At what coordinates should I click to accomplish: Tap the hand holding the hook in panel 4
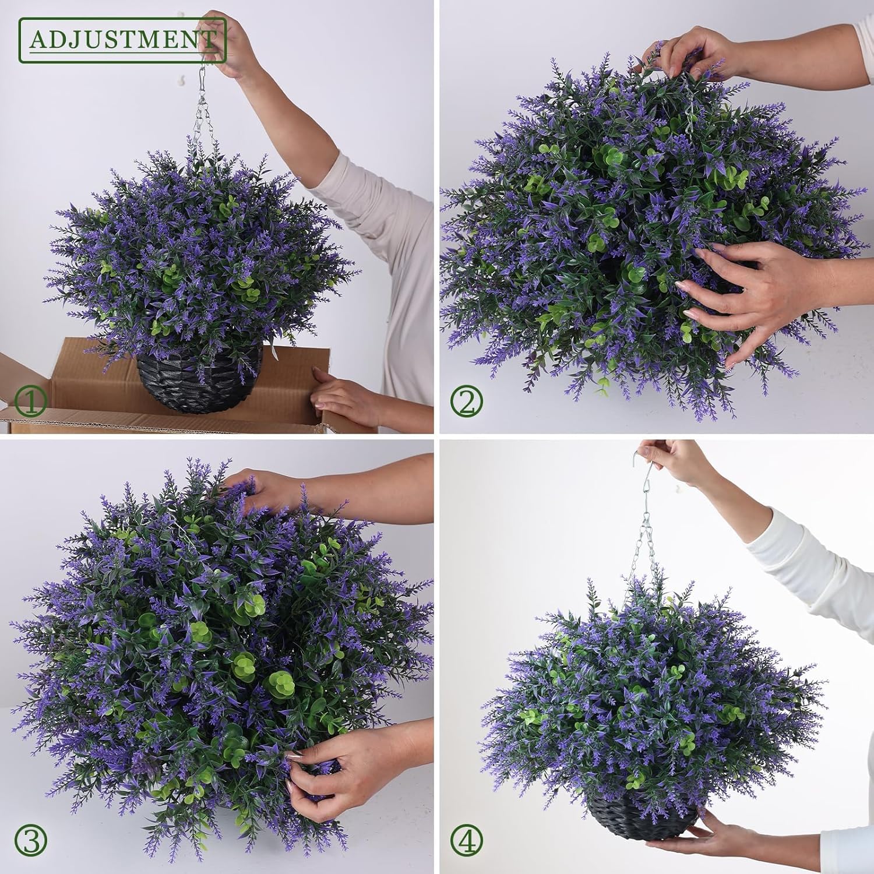click(x=670, y=460)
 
